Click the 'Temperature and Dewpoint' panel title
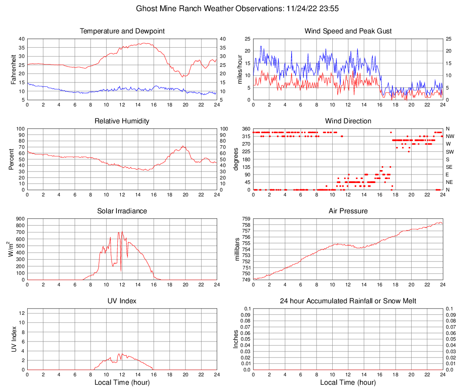pyautogui.click(x=122, y=31)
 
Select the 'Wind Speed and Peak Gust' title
pyautogui.click(x=348, y=31)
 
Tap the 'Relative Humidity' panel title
pyautogui.click(x=122, y=121)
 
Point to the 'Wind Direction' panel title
pyautogui.click(x=348, y=121)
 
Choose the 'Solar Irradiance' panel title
pyautogui.click(x=122, y=211)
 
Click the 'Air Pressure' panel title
pyautogui.click(x=348, y=211)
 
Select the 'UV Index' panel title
pyautogui.click(x=122, y=301)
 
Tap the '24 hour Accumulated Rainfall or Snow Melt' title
pyautogui.click(x=348, y=301)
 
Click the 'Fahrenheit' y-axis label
pyautogui.click(x=14, y=69)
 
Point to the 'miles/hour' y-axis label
pyautogui.click(x=239, y=69)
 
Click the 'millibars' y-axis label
pyautogui.click(x=237, y=249)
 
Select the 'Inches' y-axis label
pyautogui.click(x=236, y=339)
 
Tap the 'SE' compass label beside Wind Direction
pyautogui.click(x=450, y=167)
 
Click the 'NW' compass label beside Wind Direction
pyautogui.click(x=450, y=136)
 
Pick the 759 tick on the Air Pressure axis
pyautogui.click(x=247, y=219)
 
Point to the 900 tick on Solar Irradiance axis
pyautogui.click(x=20, y=219)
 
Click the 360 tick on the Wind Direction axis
pyautogui.click(x=246, y=129)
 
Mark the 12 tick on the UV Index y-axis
pyautogui.click(x=21, y=313)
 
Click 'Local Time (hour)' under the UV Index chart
pyautogui.click(x=122, y=383)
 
